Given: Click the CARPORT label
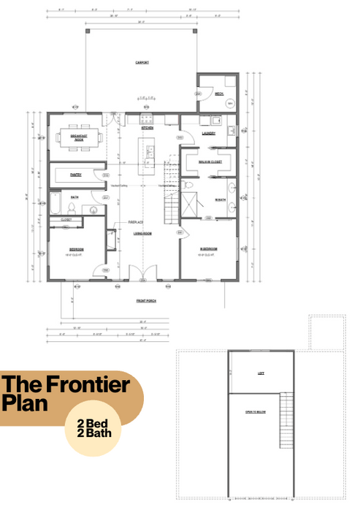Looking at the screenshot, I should click(x=142, y=63).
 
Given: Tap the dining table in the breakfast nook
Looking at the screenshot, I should click(x=76, y=138).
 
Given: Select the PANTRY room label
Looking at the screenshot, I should click(x=76, y=175).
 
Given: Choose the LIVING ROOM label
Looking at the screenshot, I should click(x=142, y=234).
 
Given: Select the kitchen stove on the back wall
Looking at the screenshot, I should click(x=145, y=118).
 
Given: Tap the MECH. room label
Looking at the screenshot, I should click(x=218, y=94).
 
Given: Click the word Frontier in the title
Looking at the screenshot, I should click(x=88, y=384).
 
